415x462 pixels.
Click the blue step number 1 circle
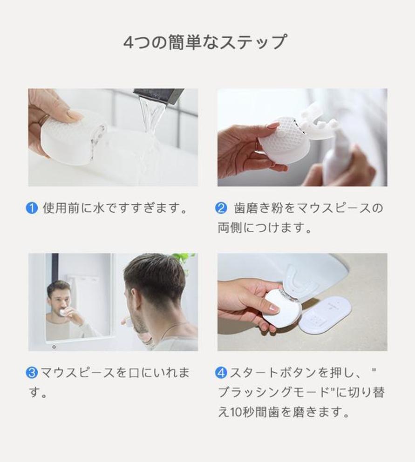click(x=32, y=208)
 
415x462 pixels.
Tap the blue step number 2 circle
click(x=221, y=208)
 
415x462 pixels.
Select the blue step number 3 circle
click(x=32, y=373)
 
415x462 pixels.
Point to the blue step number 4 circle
click(x=221, y=373)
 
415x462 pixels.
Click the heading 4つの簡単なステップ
click(x=204, y=42)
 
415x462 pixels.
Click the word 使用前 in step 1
click(x=61, y=208)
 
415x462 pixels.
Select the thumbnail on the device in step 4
click(x=274, y=309)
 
